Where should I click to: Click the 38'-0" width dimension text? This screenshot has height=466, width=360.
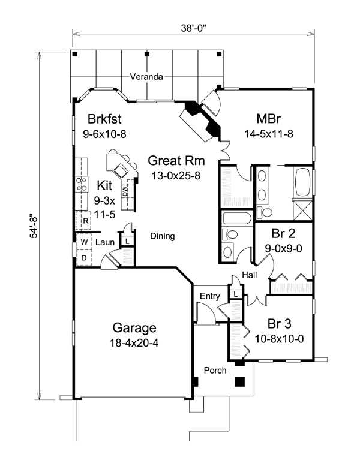click(x=194, y=28)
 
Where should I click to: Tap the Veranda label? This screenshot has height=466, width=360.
click(x=146, y=77)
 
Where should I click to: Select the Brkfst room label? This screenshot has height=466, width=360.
click(x=104, y=119)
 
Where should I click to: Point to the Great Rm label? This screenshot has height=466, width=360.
click(x=176, y=161)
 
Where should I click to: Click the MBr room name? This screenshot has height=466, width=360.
click(x=268, y=119)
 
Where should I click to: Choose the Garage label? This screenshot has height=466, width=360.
click(x=134, y=328)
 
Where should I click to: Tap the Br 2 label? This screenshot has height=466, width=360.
click(x=283, y=233)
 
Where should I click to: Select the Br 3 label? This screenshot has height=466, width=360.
click(x=279, y=324)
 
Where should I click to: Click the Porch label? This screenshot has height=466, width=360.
click(x=215, y=370)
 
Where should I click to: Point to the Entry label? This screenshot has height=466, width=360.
click(x=210, y=296)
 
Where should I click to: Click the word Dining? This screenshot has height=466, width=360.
click(x=163, y=236)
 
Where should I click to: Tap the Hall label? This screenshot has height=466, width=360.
click(x=250, y=275)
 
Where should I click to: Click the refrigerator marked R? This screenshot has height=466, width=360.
click(x=83, y=220)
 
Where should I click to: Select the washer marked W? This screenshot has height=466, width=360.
click(x=85, y=242)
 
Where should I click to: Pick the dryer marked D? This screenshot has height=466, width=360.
click(x=85, y=258)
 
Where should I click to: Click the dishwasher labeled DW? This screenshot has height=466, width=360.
click(x=125, y=190)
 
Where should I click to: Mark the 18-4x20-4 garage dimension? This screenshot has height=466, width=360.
click(x=134, y=343)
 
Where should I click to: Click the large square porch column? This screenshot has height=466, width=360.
click(x=240, y=382)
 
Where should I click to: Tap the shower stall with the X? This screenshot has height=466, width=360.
click(x=302, y=210)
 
